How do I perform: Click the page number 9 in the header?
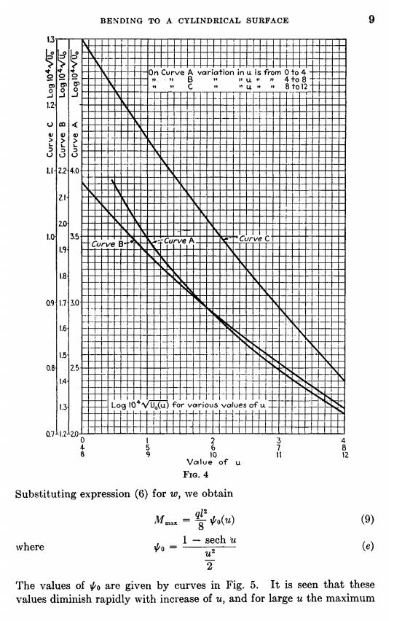[x=371, y=19]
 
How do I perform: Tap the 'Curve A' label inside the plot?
[x=179, y=241]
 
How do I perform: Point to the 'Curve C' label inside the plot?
[x=254, y=238]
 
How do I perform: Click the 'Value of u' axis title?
[x=213, y=462]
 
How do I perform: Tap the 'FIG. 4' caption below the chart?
[x=195, y=474]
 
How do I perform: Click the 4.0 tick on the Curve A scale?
[x=75, y=171]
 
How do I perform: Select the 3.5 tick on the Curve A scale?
[x=74, y=237]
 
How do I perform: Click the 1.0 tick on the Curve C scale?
[x=51, y=237]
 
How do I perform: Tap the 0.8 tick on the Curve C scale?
[x=51, y=368]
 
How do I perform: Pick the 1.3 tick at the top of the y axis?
[x=51, y=39]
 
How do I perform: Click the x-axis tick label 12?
[x=345, y=455]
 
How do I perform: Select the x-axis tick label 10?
[x=213, y=455]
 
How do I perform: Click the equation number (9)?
[x=368, y=519]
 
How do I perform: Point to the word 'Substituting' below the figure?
[x=43, y=494]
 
